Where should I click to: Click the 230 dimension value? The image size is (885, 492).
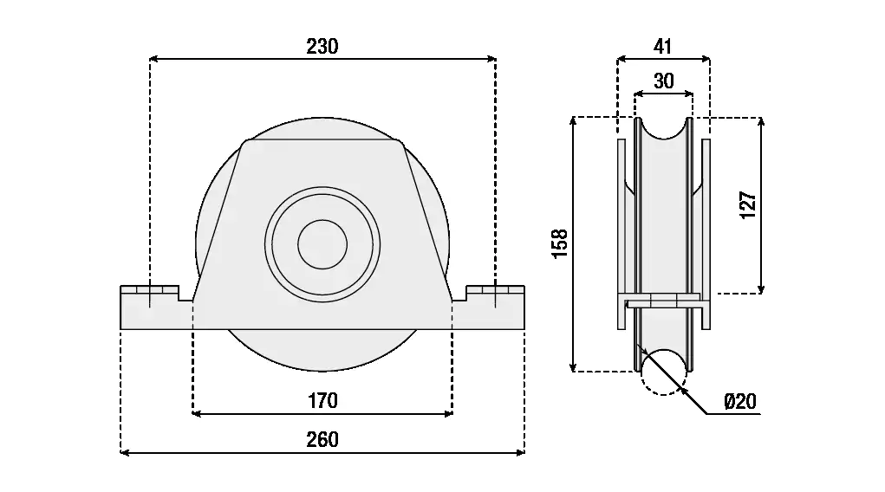coord(322,47)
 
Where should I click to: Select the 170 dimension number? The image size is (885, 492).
coord(322,401)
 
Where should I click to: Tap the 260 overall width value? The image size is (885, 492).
coord(322,440)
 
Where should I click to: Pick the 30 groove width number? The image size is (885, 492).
coord(663,81)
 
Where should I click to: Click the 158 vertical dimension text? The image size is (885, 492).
coord(560,243)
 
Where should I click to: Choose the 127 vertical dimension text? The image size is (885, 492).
coord(749,204)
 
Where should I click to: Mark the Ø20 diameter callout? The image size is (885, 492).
coord(739,401)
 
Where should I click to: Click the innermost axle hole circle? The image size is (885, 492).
coord(322,243)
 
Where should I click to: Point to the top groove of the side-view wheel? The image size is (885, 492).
coord(663,130)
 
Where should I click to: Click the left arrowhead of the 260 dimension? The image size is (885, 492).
coord(124,451)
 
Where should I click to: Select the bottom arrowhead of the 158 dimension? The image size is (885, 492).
coord(573,367)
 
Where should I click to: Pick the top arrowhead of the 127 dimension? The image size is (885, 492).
coord(761,121)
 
